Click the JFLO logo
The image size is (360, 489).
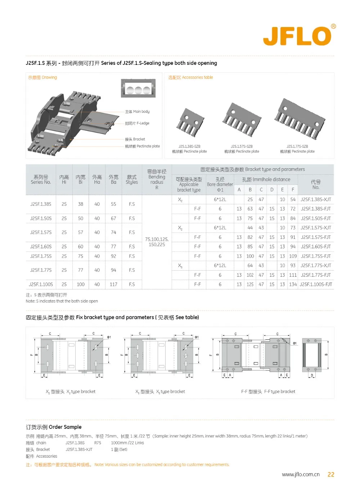pos(298,36)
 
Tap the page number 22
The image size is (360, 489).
pos(331,475)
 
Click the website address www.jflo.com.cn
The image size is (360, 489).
pos(301,475)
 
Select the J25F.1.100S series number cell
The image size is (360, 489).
pos(41,284)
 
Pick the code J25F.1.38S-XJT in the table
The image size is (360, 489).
pos(316,199)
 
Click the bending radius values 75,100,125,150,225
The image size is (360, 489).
pos(157,242)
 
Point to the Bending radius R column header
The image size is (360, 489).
pos(157,179)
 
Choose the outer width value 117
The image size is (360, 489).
pos(113,284)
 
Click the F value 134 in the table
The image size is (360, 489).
pos(293,284)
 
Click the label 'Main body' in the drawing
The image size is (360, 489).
pos(137,112)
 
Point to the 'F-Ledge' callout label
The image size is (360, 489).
pos(137,123)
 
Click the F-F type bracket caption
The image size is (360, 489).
pos(268,391)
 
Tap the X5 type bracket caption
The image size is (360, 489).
pos(160,391)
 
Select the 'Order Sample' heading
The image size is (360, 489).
pos(54,427)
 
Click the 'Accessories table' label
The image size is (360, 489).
pos(190,77)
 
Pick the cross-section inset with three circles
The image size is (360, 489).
pos(138,89)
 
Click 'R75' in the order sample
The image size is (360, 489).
pos(98,443)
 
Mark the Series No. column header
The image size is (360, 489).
pos(41,179)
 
